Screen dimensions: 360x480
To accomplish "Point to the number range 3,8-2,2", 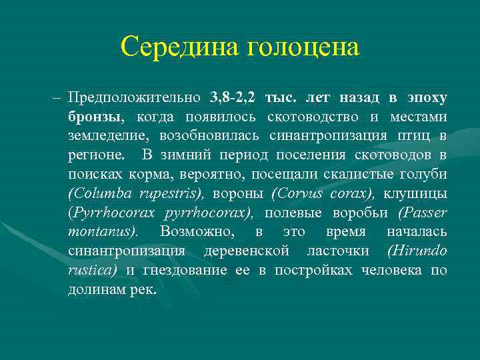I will [232, 97].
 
